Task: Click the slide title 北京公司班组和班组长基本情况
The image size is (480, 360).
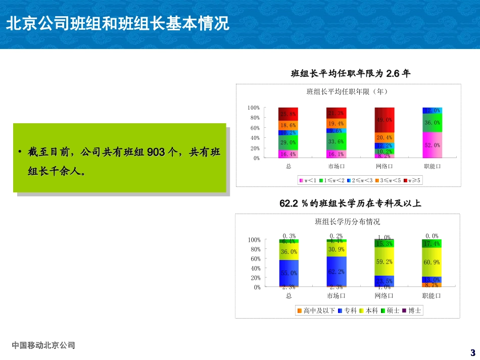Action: (x=117, y=24)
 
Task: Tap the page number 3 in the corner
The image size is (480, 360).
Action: (x=472, y=352)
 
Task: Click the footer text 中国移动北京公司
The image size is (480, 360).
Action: (x=43, y=345)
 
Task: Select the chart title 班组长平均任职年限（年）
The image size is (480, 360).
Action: (x=347, y=92)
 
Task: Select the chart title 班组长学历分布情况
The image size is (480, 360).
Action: (x=347, y=222)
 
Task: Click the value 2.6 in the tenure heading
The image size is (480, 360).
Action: (x=393, y=74)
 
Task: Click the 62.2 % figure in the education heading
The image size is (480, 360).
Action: (x=294, y=203)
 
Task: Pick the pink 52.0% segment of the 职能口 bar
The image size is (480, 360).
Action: (x=431, y=145)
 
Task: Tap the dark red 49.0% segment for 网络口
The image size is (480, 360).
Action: (x=384, y=120)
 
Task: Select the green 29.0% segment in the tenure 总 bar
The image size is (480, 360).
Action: (x=289, y=143)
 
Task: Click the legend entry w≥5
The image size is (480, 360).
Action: (x=414, y=180)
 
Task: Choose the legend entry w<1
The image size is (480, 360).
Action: (x=309, y=180)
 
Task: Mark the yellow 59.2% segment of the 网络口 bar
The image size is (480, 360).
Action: (x=384, y=262)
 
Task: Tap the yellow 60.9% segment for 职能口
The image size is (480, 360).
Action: (x=431, y=262)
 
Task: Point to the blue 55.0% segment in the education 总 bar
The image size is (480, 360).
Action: (x=289, y=273)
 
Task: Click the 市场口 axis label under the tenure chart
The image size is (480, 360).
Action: (x=337, y=166)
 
